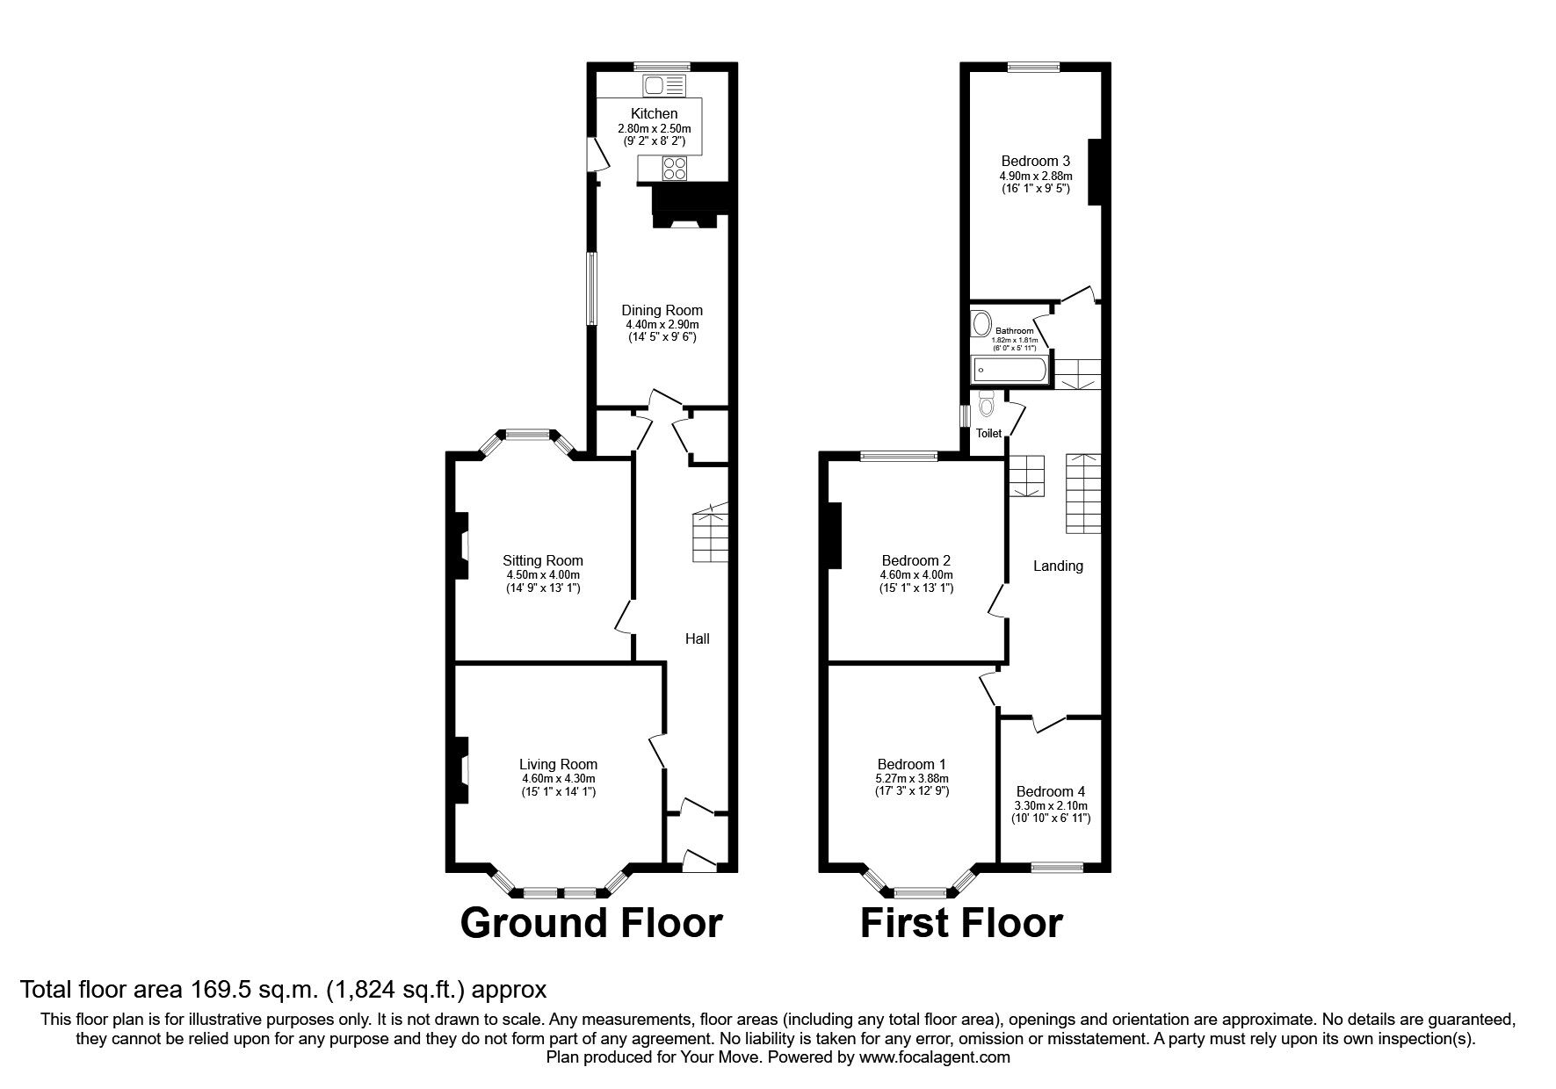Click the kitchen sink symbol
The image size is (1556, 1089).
(664, 85)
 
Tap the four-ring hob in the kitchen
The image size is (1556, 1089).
(674, 168)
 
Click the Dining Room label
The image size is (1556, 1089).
(662, 310)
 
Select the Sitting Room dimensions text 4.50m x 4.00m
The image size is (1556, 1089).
(542, 574)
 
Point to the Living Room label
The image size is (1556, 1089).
(558, 765)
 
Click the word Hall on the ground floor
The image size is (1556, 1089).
(697, 638)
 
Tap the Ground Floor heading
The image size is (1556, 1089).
(590, 923)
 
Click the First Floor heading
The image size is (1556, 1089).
(961, 923)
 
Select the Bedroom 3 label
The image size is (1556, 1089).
(1035, 161)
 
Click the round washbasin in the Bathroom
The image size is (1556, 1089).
(981, 324)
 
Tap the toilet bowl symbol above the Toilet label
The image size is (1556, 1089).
(986, 404)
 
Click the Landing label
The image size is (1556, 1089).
(1057, 566)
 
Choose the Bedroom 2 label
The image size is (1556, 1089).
(916, 560)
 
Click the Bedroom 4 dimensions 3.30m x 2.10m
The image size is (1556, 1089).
(1052, 805)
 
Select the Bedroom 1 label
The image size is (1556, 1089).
(911, 764)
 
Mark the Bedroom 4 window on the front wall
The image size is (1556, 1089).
(1056, 868)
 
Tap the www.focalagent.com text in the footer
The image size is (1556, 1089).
(934, 1057)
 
